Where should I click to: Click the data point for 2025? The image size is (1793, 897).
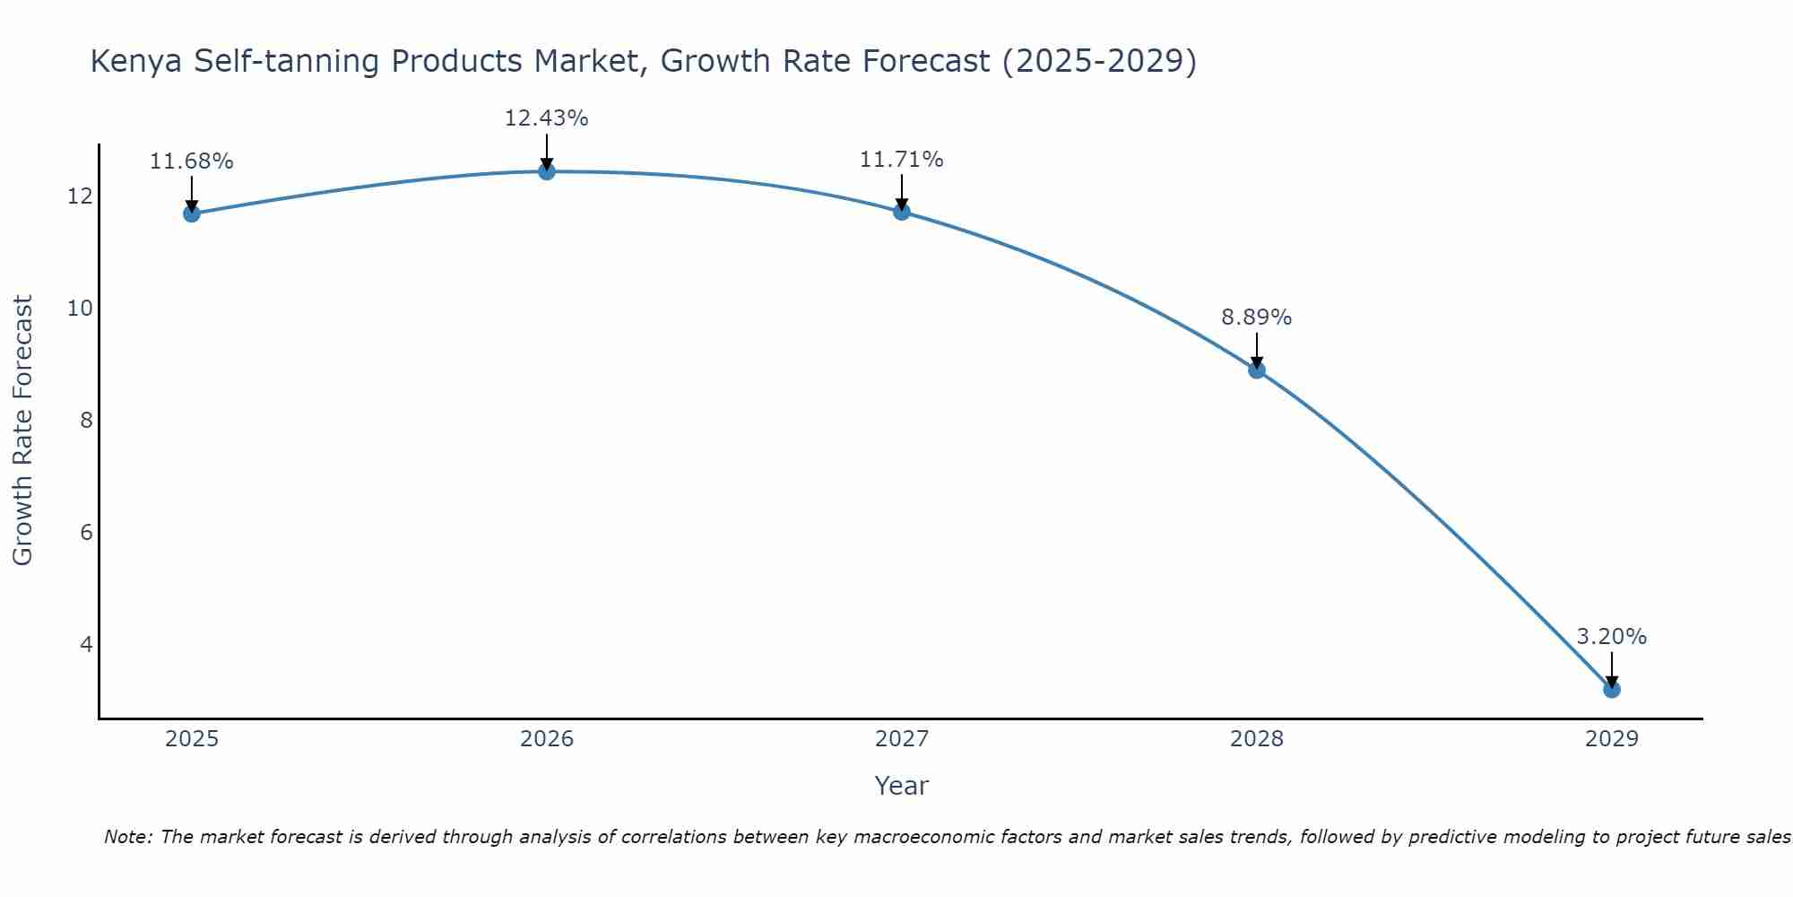[192, 213]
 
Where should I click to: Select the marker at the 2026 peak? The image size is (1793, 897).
[547, 171]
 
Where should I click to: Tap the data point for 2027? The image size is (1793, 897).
[902, 212]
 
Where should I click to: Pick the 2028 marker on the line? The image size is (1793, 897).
[1257, 370]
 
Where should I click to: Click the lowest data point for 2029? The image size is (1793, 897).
[1611, 689]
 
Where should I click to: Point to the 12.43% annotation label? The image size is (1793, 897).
[546, 118]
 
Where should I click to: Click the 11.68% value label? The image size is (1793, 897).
[191, 161]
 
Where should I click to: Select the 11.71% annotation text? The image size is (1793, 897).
[901, 160]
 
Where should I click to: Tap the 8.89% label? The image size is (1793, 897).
[1256, 318]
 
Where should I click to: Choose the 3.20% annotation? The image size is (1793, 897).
[1611, 637]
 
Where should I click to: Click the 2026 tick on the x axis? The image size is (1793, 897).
[547, 739]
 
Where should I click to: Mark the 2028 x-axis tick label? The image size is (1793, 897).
[1257, 739]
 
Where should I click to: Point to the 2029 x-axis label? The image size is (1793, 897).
[1611, 739]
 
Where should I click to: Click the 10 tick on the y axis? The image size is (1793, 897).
[80, 309]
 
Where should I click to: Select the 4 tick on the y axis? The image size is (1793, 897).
[86, 644]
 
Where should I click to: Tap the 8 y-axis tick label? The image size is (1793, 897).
[86, 420]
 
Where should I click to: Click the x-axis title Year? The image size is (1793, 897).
[901, 786]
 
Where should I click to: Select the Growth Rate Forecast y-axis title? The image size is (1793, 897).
[23, 431]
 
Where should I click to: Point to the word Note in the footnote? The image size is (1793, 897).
[126, 838]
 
